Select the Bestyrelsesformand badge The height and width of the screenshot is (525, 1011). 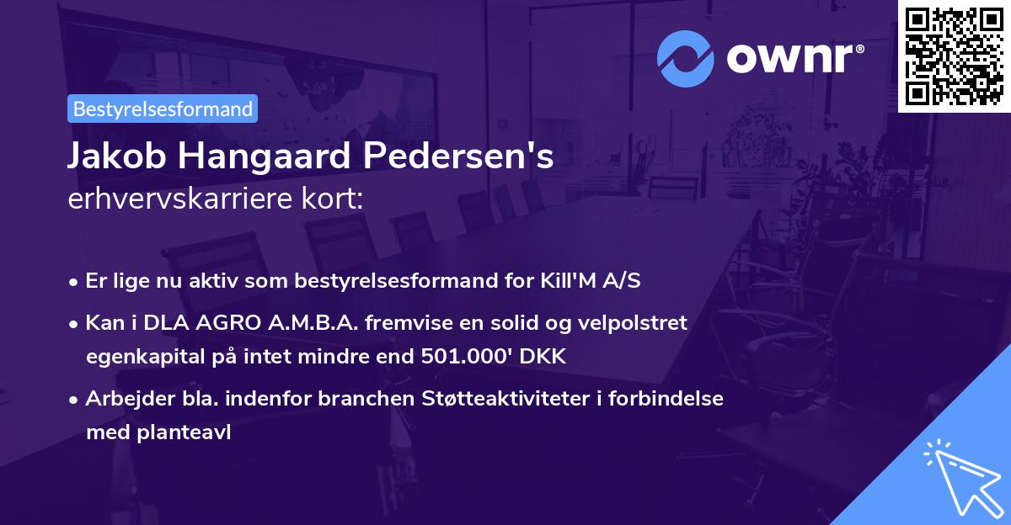163,109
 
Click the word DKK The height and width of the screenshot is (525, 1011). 544,357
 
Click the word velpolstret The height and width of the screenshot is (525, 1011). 635,323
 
